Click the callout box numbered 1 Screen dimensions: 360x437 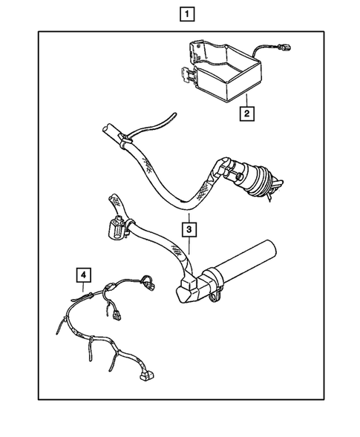(187, 14)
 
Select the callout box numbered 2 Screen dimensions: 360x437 (246, 114)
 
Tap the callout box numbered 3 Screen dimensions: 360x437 (189, 230)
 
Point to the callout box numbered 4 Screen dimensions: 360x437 (84, 275)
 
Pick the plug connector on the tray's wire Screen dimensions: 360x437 (284, 48)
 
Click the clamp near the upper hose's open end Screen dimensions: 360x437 (125, 140)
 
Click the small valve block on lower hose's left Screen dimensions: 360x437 (116, 227)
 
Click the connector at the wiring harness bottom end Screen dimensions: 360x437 (147, 376)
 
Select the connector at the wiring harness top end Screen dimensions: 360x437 (148, 283)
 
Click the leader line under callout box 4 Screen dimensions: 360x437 (83, 287)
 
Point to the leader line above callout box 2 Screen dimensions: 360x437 (246, 100)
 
